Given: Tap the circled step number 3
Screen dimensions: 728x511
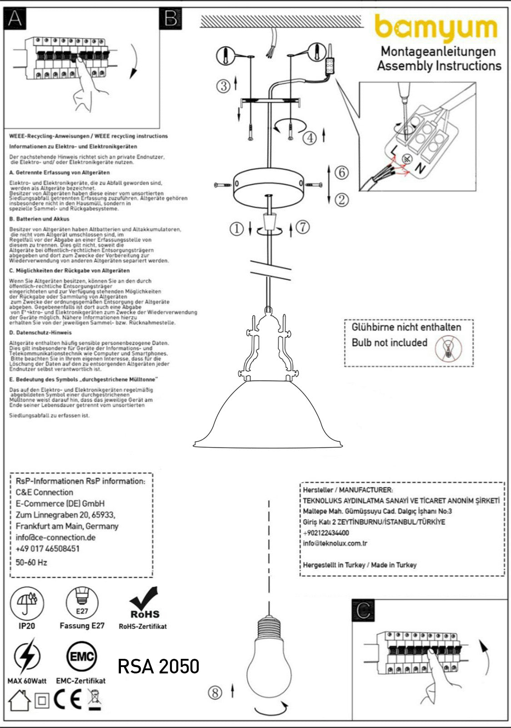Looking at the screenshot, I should coord(223,86).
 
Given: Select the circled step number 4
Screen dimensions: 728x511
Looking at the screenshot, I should coord(310,137).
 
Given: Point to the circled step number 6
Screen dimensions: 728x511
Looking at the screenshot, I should coord(341,172).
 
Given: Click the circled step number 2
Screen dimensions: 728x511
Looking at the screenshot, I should coord(341,199).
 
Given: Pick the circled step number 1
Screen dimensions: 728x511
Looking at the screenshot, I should coord(236,229).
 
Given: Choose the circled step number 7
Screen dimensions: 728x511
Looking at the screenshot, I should coord(303,227).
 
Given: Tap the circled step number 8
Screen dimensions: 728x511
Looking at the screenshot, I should coord(215,693).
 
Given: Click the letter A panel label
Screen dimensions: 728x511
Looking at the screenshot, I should coord(15,19).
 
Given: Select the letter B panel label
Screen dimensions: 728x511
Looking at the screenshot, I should coord(171,19).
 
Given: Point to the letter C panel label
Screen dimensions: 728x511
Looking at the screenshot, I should coord(363,611).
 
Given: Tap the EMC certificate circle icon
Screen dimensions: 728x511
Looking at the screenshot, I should coord(82,657).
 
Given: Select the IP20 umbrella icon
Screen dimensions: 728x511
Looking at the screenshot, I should coord(27,602).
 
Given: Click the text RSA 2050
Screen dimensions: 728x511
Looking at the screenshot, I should coord(158,667).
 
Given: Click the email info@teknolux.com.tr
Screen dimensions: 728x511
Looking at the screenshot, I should coord(335,543).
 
